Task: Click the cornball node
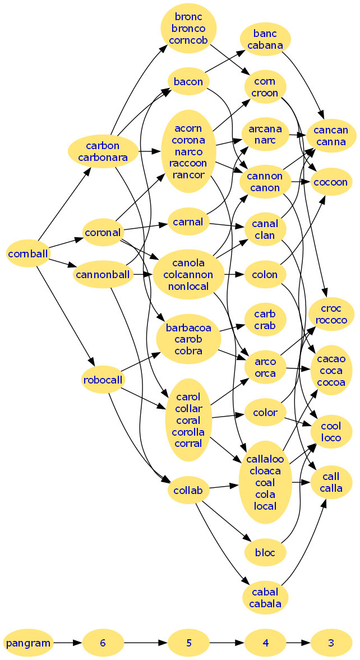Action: (x=28, y=253)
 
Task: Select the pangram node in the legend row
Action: (x=29, y=643)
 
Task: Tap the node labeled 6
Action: (x=103, y=643)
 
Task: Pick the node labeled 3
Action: (x=331, y=643)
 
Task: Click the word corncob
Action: (x=188, y=40)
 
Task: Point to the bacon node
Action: (x=188, y=82)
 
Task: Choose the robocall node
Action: (x=102, y=380)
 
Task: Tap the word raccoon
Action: (x=188, y=163)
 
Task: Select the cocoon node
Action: (x=331, y=182)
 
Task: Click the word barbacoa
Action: (x=188, y=328)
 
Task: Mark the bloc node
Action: (x=265, y=553)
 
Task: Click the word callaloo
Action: (x=265, y=459)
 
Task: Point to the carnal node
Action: (x=188, y=221)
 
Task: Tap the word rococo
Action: (x=331, y=320)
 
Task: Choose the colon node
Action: (x=265, y=275)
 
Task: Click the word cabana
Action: (x=265, y=45)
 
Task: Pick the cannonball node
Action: (x=102, y=275)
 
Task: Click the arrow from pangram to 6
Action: (x=68, y=643)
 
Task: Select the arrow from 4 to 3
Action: (x=297, y=643)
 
